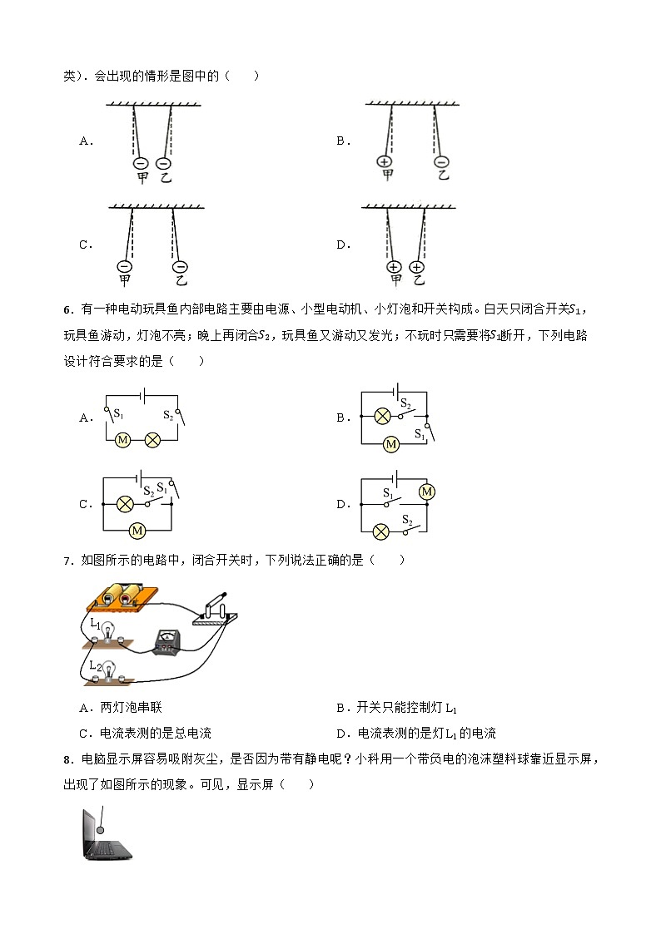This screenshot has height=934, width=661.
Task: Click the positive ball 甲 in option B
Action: click(x=384, y=161)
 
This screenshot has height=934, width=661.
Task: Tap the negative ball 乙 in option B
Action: click(x=441, y=161)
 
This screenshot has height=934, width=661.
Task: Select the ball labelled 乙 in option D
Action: click(x=417, y=267)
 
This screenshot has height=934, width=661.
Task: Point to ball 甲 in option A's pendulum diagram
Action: click(x=141, y=164)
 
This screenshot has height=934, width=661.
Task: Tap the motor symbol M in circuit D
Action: click(x=427, y=492)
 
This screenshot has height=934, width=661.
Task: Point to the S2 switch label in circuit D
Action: click(x=408, y=520)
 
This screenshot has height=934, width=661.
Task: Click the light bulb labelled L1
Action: click(x=107, y=630)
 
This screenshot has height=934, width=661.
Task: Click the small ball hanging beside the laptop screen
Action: click(x=101, y=829)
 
